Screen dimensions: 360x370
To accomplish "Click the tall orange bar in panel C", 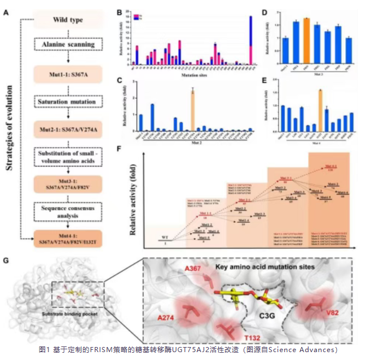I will (192, 111).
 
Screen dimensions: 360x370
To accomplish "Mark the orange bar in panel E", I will (320, 110).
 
